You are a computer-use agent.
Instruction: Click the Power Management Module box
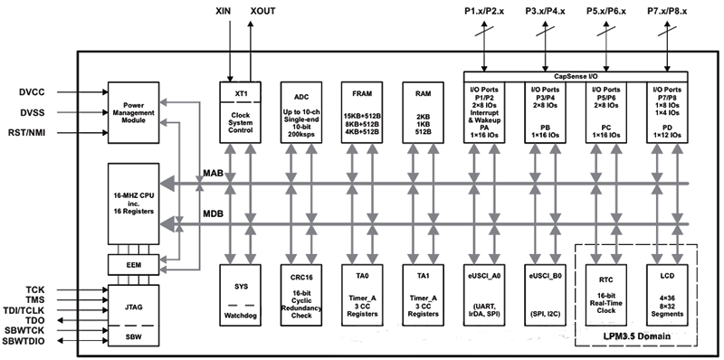[x=133, y=112]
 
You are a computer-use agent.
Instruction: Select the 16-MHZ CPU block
[x=133, y=204]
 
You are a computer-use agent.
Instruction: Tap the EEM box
[x=133, y=265]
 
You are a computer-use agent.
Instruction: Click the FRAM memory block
[x=362, y=112]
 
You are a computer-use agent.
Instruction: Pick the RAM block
[x=423, y=112]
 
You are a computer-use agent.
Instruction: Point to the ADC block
[x=301, y=112]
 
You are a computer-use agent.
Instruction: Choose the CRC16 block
[x=301, y=295]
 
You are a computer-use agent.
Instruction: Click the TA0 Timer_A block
[x=362, y=295]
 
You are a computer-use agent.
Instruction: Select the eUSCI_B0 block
[x=545, y=295]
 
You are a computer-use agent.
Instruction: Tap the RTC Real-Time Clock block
[x=605, y=295]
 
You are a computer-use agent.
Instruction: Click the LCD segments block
[x=667, y=295]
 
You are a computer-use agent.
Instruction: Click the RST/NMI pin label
[x=27, y=133]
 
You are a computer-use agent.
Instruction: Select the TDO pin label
[x=35, y=320]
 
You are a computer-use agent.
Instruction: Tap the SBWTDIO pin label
[x=24, y=341]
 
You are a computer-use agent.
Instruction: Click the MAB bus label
[x=214, y=174]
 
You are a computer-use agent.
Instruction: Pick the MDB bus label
[x=214, y=214]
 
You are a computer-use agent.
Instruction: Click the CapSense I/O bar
[x=576, y=77]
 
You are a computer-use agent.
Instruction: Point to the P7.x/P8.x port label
[x=667, y=11]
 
